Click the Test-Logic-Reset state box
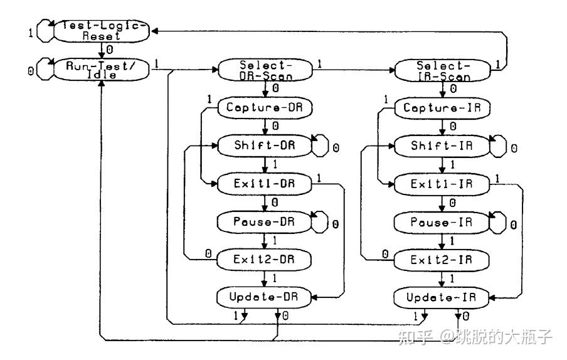point(102,31)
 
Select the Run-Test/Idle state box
point(102,70)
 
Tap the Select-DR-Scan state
point(267,70)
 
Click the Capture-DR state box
point(264,108)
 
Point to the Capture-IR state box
point(441,108)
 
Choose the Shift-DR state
point(264,146)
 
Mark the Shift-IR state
point(441,146)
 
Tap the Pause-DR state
point(264,221)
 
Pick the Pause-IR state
point(441,221)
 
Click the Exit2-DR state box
point(264,258)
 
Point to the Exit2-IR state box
point(441,258)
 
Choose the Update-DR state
point(264,296)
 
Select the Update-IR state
point(441,296)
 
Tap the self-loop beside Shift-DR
point(321,146)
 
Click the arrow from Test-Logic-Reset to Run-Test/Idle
point(102,50)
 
